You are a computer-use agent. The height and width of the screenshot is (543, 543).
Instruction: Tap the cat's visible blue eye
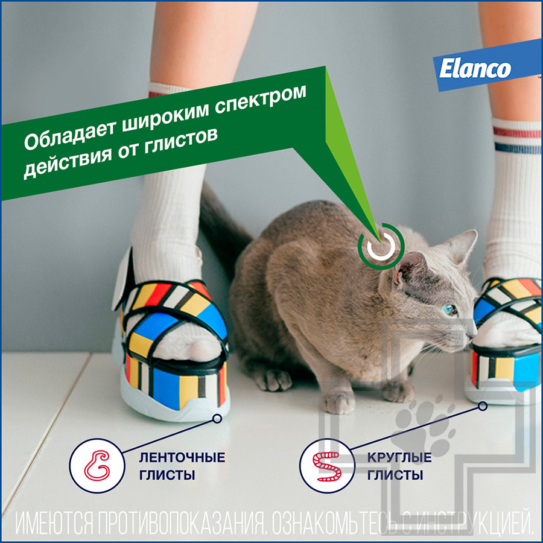449,309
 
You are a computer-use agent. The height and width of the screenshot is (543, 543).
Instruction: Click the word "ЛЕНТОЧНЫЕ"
182,457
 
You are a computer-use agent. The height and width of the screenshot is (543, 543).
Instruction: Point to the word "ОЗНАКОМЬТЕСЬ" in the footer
335,523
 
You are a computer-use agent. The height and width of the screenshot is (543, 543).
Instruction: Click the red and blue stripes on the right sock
516,139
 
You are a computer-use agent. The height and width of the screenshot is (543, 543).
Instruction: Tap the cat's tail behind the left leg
223,229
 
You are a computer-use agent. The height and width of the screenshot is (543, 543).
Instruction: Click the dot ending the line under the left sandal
217,416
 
